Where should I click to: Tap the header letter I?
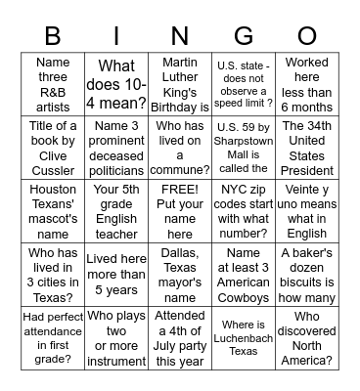(x=116, y=35)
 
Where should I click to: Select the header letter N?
(x=179, y=35)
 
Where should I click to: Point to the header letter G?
(x=243, y=35)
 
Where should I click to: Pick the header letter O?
(x=307, y=35)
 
